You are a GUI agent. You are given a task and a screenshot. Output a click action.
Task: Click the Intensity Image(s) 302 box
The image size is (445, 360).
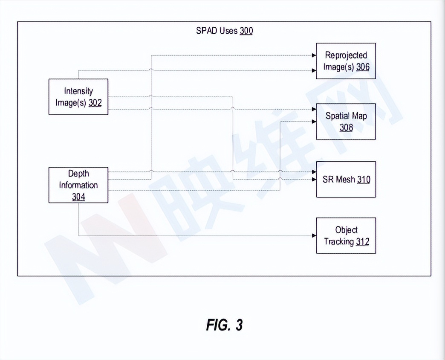[78, 97]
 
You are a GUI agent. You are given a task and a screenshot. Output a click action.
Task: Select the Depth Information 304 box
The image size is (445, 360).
[78, 185]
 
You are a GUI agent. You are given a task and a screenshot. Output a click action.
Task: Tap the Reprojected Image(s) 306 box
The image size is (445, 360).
[346, 61]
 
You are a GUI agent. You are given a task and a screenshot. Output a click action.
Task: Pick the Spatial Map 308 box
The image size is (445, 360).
[346, 122]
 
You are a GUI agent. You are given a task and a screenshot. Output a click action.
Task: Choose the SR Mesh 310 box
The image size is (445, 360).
[346, 180]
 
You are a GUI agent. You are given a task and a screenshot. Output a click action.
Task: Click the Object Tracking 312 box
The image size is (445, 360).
[346, 235]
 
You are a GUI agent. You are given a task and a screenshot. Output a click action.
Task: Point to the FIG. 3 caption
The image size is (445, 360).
[224, 325]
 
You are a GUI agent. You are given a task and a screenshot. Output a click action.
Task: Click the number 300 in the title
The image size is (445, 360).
[246, 31]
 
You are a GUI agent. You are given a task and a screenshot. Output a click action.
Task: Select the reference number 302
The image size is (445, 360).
[95, 103]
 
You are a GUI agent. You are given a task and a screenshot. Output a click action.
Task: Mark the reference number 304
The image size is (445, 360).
[78, 197]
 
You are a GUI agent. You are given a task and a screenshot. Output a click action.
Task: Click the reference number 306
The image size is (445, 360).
[363, 67]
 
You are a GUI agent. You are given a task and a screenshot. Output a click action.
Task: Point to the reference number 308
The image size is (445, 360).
[346, 128]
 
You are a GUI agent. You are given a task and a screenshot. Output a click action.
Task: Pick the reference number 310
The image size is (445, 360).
[364, 180]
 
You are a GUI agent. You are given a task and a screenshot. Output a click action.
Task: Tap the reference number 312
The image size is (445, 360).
[363, 242]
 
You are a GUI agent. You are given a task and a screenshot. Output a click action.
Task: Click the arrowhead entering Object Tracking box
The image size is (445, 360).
[314, 235]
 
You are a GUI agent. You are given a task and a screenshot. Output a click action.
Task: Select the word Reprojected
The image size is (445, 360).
[346, 55]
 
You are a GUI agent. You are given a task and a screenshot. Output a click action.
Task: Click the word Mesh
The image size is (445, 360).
[345, 180]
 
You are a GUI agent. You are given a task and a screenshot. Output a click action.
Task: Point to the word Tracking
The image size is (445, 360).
[339, 242]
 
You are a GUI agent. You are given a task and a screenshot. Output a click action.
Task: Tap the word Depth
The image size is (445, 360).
[78, 174]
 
